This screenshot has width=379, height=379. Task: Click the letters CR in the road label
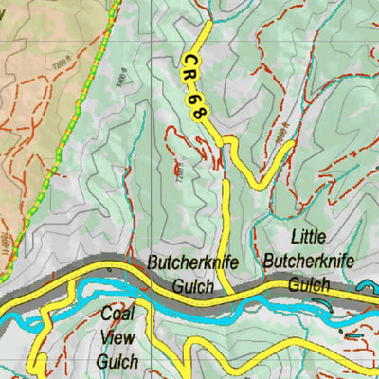pos(189,69)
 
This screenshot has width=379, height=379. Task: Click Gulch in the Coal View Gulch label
pos(117,361)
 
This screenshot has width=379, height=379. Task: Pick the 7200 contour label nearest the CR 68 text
pos(178,171)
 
